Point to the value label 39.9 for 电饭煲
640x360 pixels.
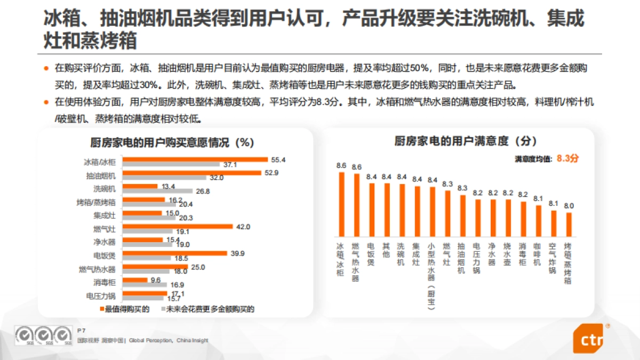237,253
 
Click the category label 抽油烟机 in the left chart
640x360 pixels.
100,175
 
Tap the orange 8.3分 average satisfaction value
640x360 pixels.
568,158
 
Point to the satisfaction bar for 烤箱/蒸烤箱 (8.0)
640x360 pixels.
569,225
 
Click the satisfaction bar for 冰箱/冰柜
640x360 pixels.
341,204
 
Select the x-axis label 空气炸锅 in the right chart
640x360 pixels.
554,259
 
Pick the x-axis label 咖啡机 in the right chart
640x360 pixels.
538,255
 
